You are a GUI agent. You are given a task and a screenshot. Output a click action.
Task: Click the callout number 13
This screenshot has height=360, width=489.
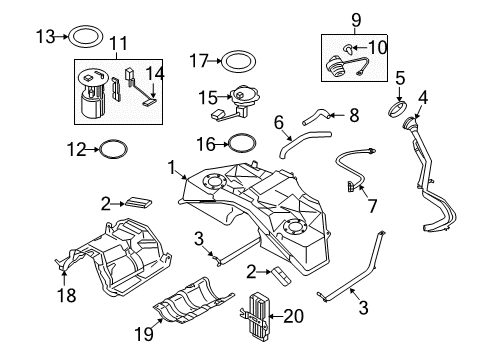click(46, 36)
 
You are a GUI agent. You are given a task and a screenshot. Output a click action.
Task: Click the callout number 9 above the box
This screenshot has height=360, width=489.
click(356, 20)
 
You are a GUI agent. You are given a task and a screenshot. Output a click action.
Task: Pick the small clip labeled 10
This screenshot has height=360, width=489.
click(349, 49)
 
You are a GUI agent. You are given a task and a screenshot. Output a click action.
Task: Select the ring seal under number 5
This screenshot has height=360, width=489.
click(398, 110)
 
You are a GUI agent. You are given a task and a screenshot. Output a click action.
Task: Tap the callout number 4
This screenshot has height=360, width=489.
click(423, 97)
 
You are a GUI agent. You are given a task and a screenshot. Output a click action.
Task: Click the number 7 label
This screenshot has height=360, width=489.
click(372, 206)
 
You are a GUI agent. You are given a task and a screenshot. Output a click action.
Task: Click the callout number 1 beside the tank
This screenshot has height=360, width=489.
click(172, 167)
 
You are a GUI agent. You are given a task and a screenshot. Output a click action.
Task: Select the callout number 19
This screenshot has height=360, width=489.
click(144, 334)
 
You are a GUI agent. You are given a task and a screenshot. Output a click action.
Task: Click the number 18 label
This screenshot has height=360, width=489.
click(67, 295)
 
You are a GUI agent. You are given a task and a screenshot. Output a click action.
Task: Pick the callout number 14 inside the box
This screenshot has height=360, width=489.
click(155, 73)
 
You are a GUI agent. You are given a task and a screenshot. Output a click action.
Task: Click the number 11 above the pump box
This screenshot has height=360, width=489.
click(119, 43)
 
